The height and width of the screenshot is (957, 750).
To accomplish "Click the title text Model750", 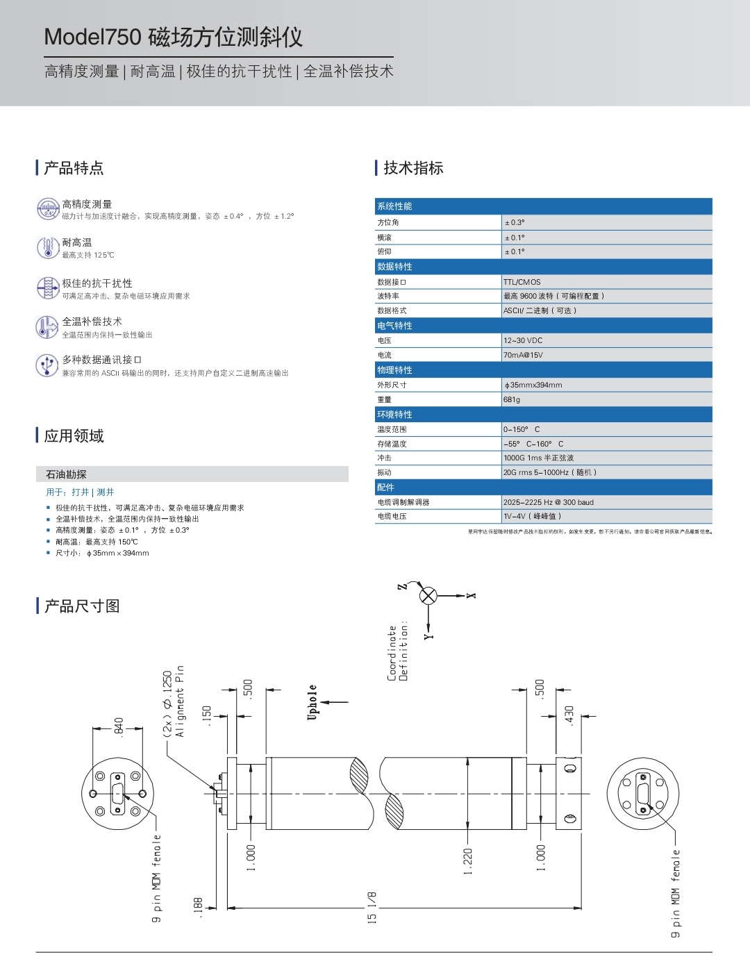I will (x=93, y=38).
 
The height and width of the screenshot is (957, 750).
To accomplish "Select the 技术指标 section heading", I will (x=413, y=168).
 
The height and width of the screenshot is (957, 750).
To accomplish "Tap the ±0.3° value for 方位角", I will (x=515, y=223).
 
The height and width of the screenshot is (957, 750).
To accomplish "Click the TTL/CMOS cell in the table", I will (x=522, y=282).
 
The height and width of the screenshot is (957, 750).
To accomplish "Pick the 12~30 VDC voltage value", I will (x=523, y=340).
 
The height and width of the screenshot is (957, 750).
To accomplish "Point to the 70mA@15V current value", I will (x=523, y=355).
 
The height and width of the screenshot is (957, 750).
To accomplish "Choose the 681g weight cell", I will (x=512, y=399).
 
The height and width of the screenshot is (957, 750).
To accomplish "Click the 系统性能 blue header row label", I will (x=394, y=206).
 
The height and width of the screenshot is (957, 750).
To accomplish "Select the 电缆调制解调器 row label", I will (x=403, y=502).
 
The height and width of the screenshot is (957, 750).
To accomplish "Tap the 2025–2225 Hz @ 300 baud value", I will (x=549, y=502).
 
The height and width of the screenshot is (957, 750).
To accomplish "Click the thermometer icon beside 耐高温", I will (x=48, y=247).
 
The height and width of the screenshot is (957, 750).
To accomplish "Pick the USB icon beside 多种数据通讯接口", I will (x=47, y=365).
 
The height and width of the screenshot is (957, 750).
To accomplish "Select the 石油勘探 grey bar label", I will (x=66, y=474).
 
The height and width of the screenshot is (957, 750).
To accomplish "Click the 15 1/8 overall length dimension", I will (x=372, y=908).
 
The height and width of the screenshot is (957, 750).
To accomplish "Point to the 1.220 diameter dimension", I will (x=467, y=861).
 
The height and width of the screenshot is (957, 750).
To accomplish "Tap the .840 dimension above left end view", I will (x=119, y=726).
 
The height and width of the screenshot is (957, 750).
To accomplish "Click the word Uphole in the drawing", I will (x=312, y=702).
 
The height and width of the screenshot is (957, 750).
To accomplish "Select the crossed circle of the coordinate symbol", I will (x=428, y=595).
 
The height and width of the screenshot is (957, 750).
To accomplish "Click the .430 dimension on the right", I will (x=569, y=715).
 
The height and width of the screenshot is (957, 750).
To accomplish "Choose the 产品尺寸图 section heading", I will (x=82, y=606).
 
